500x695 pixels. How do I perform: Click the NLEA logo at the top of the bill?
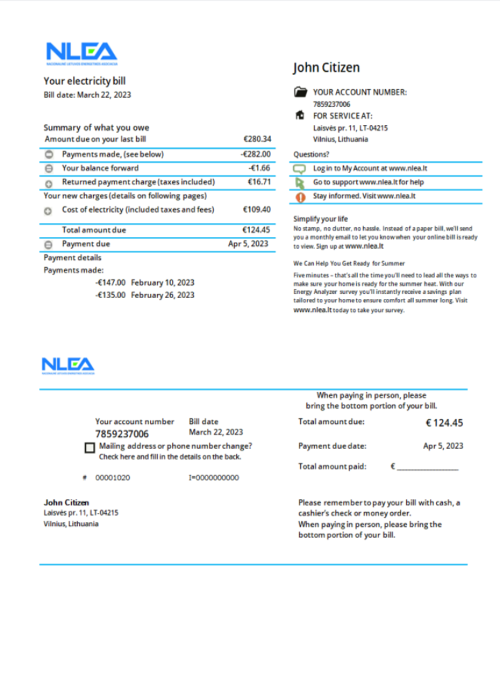click(81, 53)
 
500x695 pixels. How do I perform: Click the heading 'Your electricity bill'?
click(85, 81)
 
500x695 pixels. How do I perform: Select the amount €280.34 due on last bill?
click(257, 139)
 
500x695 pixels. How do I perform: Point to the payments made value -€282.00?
click(256, 154)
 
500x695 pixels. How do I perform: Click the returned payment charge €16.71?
click(259, 182)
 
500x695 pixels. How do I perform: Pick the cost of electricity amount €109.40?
click(257, 209)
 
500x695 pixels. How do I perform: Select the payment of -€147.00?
click(110, 283)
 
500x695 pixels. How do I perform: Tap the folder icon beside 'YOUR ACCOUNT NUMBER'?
click(300, 92)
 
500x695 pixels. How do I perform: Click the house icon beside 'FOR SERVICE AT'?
click(300, 115)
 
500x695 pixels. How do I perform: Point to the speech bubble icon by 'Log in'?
click(300, 169)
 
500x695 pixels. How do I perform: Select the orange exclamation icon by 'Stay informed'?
click(300, 197)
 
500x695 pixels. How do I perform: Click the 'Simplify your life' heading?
click(320, 219)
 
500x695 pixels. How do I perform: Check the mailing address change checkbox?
click(90, 448)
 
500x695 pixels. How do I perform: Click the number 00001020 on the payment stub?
click(112, 478)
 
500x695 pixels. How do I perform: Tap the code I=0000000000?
click(214, 478)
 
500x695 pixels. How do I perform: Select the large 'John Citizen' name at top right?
click(326, 67)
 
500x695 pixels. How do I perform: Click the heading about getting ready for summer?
click(349, 263)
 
